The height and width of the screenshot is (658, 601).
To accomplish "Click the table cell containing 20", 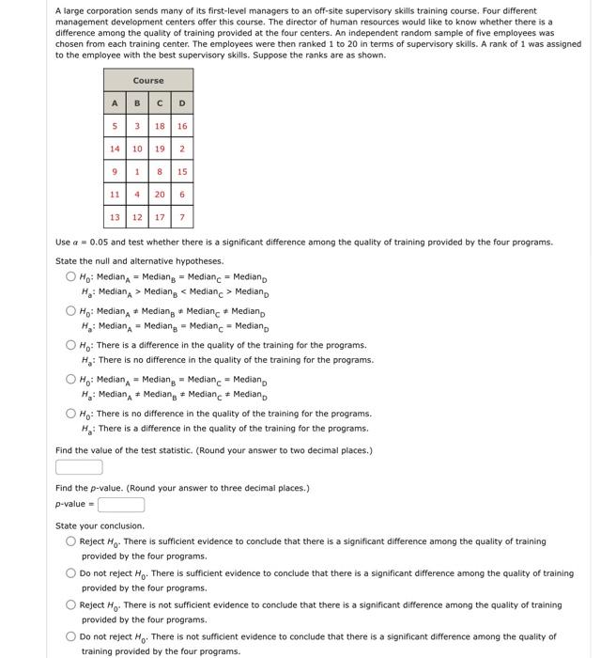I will tap(160, 194).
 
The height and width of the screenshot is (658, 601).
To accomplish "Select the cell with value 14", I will tap(115, 149).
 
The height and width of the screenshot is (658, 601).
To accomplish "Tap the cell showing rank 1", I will tap(137, 171).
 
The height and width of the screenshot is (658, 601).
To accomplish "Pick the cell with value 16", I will tap(182, 125).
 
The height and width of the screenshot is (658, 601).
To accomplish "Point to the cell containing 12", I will tap(137, 217).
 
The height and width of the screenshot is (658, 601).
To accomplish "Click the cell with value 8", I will tap(160, 171).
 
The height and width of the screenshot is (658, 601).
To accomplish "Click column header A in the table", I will tap(115, 102).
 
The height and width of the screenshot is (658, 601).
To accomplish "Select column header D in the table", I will tap(182, 102).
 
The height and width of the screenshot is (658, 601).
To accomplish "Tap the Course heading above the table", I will tap(148, 81).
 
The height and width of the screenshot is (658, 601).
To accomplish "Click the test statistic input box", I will tap(79, 467).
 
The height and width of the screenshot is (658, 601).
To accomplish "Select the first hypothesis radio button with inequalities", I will tap(71, 277).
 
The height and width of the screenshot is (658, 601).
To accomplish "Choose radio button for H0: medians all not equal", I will tap(71, 311).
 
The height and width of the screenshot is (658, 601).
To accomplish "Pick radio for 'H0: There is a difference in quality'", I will tap(71, 346).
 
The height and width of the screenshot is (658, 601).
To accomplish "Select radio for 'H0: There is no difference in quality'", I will tap(71, 414).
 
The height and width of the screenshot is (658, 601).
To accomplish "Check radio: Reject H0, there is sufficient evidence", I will tap(71, 541).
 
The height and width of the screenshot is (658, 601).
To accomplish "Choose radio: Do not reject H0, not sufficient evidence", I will tap(71, 636).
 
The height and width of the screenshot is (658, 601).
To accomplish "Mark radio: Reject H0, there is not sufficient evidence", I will tap(71, 605).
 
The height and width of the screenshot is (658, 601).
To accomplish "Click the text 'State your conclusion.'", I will tap(100, 525).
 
